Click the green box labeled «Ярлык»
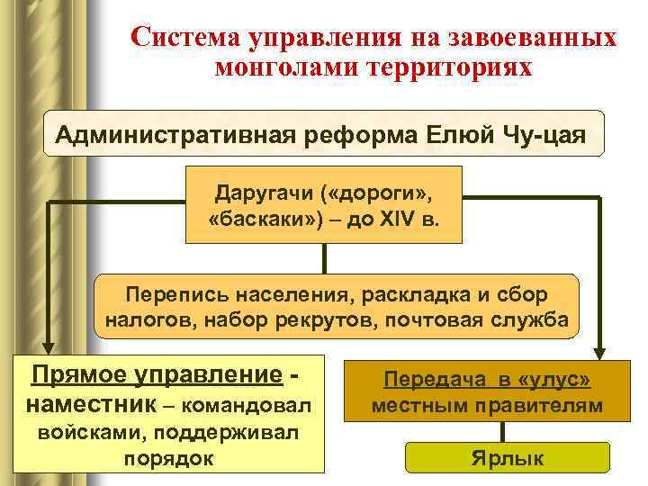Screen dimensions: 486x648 coord(508,458)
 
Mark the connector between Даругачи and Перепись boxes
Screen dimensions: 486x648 coord(324,259)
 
